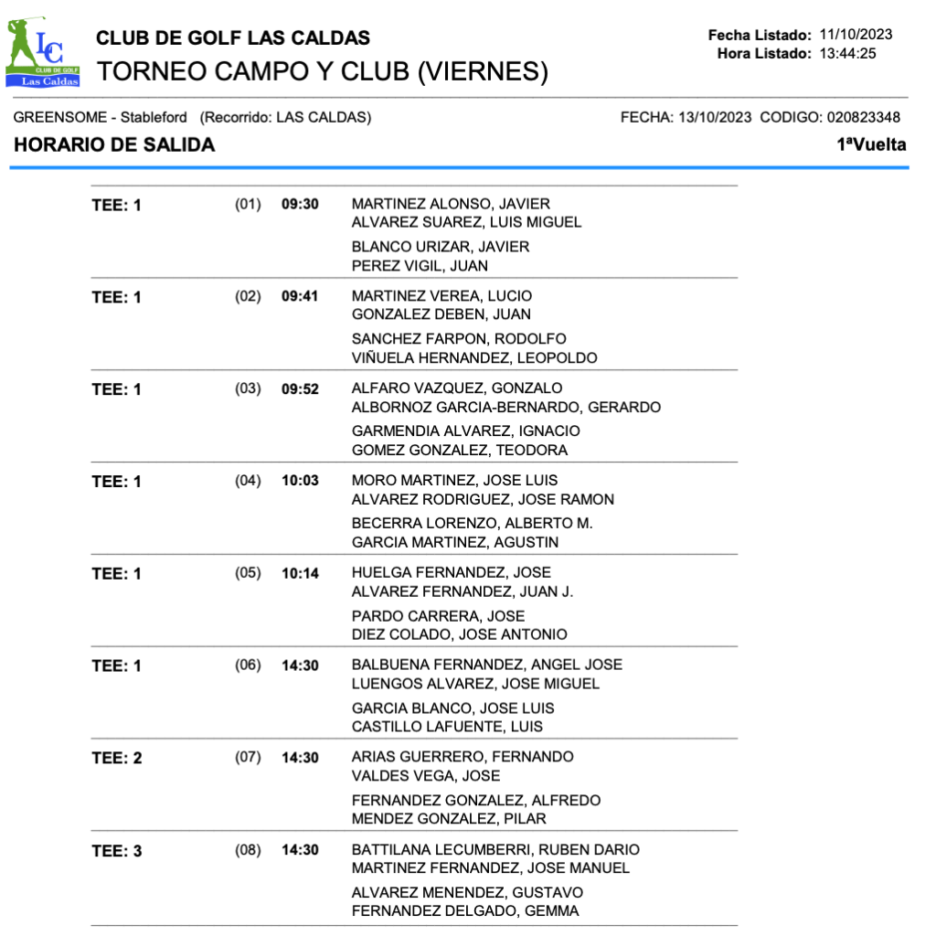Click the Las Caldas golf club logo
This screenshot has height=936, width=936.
pyautogui.click(x=43, y=52)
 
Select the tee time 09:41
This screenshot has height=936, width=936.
pyautogui.click(x=300, y=296)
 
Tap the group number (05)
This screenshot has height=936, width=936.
pyautogui.click(x=248, y=573)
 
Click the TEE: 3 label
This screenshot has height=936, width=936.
pyautogui.click(x=117, y=851)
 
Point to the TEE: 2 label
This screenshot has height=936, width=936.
pyautogui.click(x=117, y=759)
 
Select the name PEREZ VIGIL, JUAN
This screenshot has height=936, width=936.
pyautogui.click(x=420, y=266)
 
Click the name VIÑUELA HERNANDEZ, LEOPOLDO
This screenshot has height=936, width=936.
pyautogui.click(x=474, y=358)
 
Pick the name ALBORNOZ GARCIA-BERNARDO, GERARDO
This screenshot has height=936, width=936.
pyautogui.click(x=505, y=408)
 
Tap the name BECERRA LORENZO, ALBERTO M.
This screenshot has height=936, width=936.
pyautogui.click(x=472, y=523)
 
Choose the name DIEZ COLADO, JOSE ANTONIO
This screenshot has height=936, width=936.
pyautogui.click(x=459, y=634)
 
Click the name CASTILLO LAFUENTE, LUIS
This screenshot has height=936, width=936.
pyautogui.click(x=447, y=727)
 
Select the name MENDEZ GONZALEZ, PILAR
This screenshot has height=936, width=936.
pyautogui.click(x=449, y=819)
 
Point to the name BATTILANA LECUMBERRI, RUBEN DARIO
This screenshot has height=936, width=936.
pyautogui.click(x=495, y=850)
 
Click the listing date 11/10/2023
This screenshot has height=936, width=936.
pyautogui.click(x=856, y=35)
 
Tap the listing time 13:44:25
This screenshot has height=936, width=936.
pyautogui.click(x=848, y=53)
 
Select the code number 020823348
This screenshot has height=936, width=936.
pyautogui.click(x=863, y=117)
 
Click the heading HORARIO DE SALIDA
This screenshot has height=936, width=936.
pyautogui.click(x=115, y=144)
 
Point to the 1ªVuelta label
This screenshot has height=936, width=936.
pyautogui.click(x=871, y=144)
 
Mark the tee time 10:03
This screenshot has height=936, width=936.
pyautogui.click(x=300, y=481)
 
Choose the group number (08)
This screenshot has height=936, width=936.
pyautogui.click(x=248, y=850)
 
